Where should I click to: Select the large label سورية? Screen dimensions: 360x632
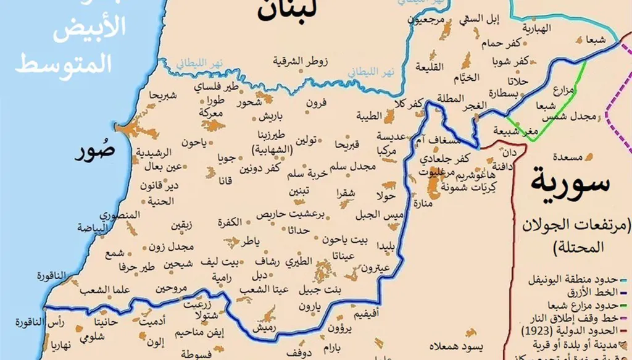pyautogui.click(x=570, y=183)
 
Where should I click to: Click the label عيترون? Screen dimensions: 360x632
pyautogui.click(x=375, y=269)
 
